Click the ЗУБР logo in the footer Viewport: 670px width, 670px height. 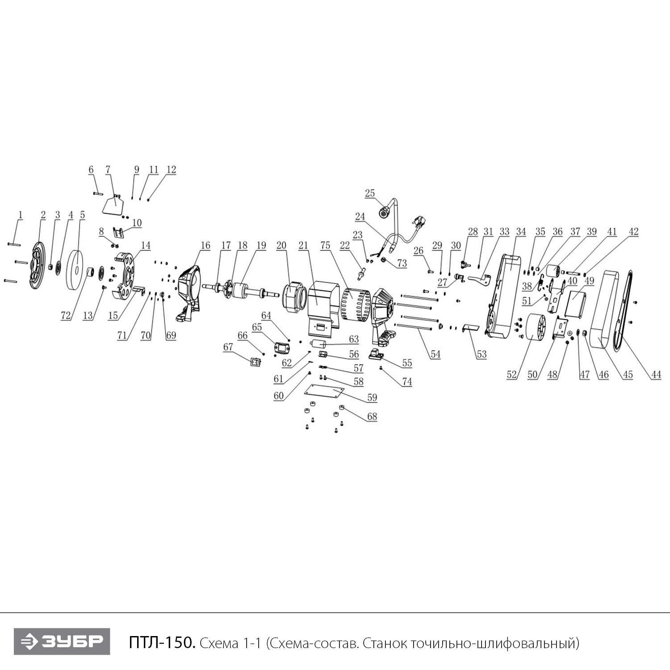click(62, 641)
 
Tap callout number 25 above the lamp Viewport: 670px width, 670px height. click(370, 193)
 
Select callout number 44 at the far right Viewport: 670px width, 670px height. click(655, 375)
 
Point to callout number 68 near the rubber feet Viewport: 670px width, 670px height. click(372, 416)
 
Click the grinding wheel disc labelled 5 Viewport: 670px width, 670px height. click(76, 270)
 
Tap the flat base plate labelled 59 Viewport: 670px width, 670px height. click(324, 392)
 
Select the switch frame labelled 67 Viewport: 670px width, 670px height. click(255, 362)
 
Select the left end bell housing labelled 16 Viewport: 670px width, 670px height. click(190, 293)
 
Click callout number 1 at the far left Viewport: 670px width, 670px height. click(20, 214)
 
